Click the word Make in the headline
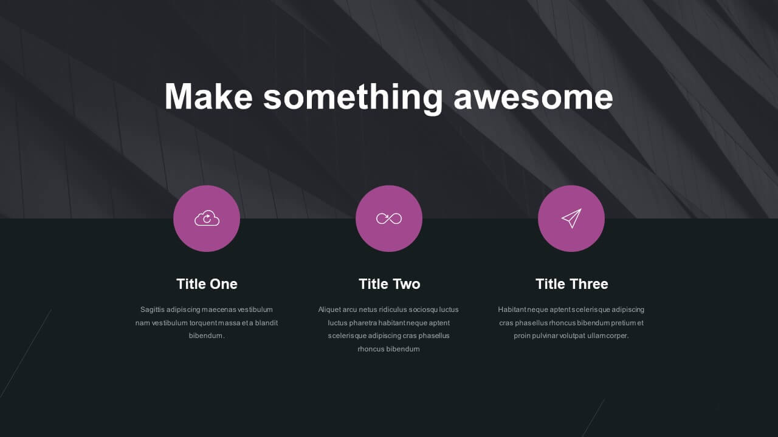point(208,97)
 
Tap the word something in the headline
point(353,98)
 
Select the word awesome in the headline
point(534,98)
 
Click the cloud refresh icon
point(207,218)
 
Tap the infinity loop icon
point(389,218)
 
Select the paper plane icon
point(571,218)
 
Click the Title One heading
point(207,284)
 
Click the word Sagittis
point(152,310)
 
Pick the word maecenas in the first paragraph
point(219,310)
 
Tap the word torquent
point(204,323)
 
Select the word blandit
point(266,323)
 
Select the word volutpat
point(573,336)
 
